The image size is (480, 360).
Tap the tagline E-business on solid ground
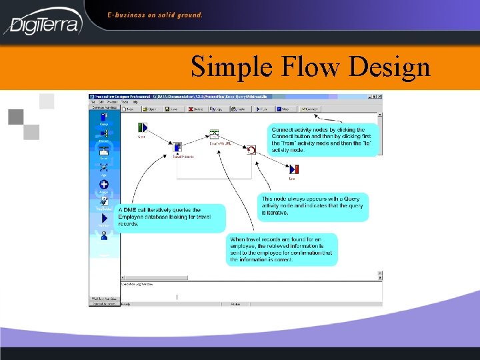155,14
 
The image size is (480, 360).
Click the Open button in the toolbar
149,108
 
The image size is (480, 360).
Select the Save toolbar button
171,108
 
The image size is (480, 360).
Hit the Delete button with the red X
195,108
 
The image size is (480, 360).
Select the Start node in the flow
141,128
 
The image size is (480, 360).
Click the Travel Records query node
177,148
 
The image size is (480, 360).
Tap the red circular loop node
251,149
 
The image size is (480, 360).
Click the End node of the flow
293,169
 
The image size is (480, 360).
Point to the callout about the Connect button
323,139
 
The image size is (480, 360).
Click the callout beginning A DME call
170,217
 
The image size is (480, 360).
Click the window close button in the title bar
381,97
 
